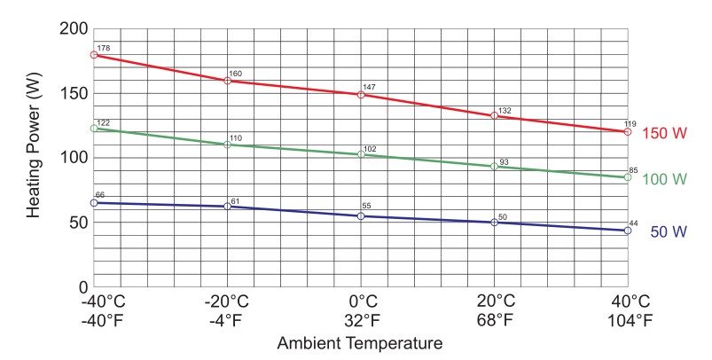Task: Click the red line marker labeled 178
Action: click(x=94, y=55)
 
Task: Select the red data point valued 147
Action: click(x=361, y=94)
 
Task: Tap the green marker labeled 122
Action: click(x=94, y=129)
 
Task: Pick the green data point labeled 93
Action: click(x=494, y=167)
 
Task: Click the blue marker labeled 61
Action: click(x=228, y=207)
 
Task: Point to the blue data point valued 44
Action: click(x=628, y=231)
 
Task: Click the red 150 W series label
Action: click(x=665, y=133)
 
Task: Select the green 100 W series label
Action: click(x=665, y=179)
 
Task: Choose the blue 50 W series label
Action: click(x=669, y=232)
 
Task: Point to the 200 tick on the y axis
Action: click(x=68, y=29)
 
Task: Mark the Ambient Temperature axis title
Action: click(x=359, y=342)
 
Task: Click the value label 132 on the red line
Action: click(x=505, y=111)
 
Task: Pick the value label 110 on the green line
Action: click(x=236, y=138)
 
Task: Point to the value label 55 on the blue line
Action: click(x=366, y=206)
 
